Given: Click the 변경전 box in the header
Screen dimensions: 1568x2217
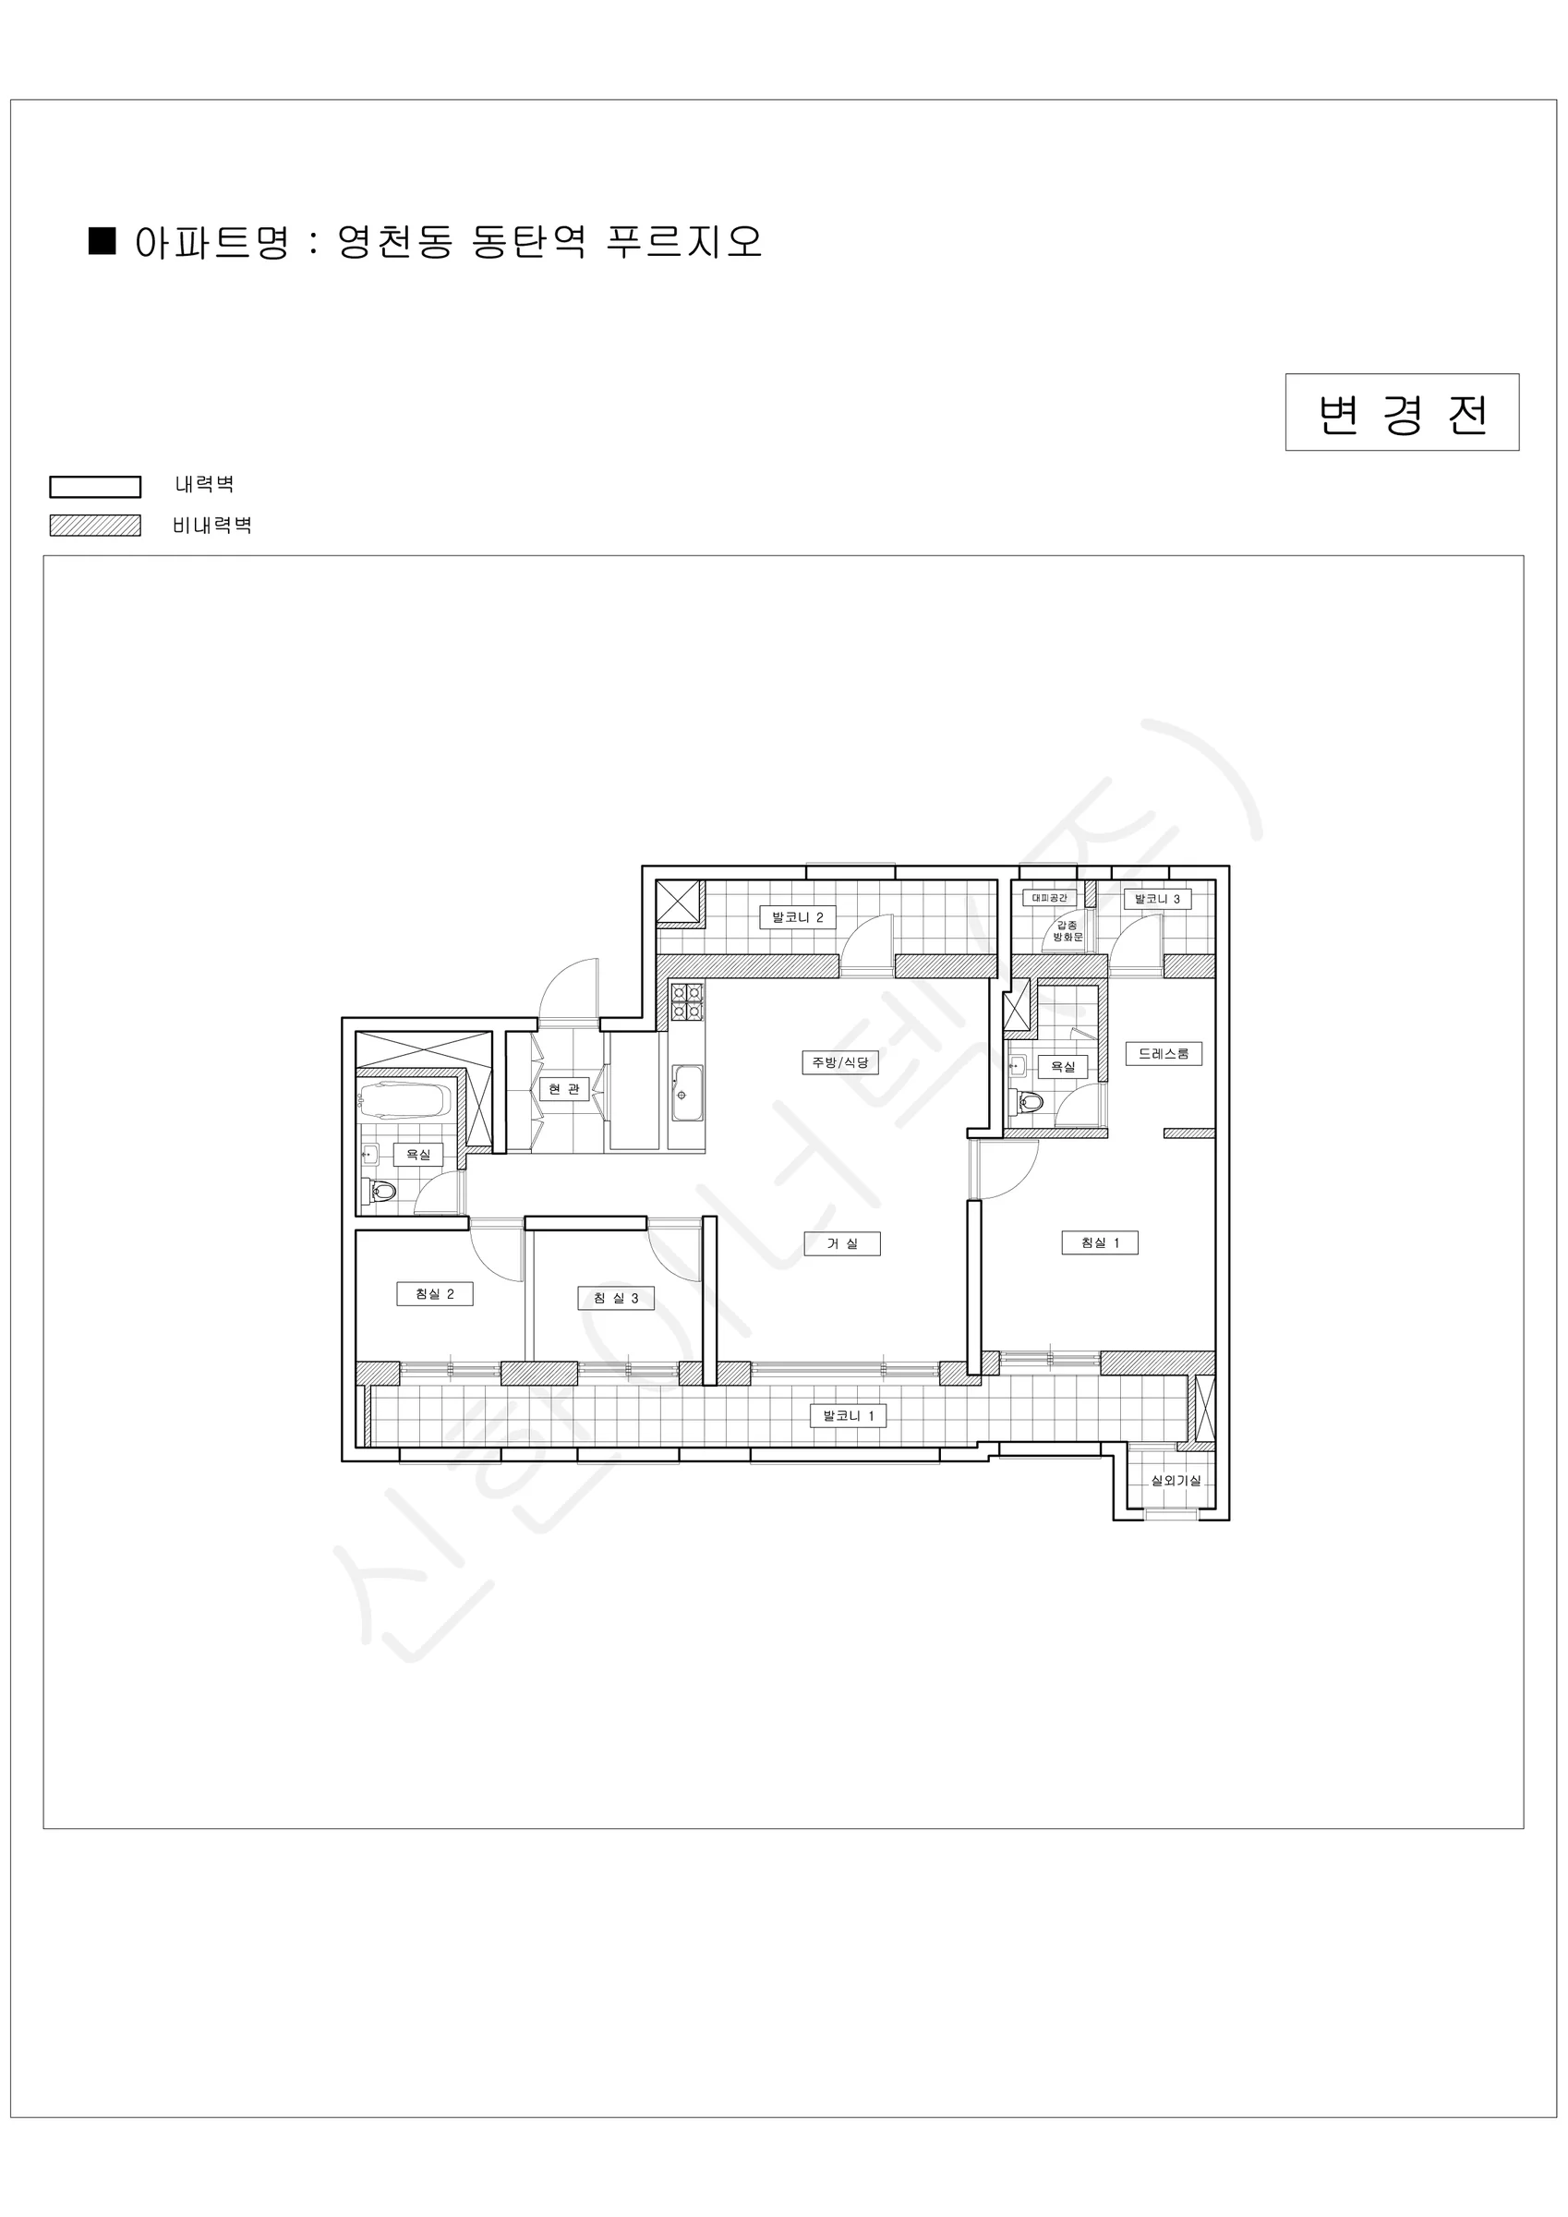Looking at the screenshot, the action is [1402, 412].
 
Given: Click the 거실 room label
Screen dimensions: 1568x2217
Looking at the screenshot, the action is [842, 1243].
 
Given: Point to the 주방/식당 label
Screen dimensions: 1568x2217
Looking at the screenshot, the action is [840, 1062].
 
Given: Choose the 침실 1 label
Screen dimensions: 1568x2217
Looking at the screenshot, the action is [1100, 1242].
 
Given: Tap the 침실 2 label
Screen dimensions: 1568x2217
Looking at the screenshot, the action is [435, 1294].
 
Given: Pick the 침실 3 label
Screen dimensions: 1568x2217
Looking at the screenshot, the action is [616, 1298].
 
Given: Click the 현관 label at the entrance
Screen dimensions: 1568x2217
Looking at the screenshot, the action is [564, 1089].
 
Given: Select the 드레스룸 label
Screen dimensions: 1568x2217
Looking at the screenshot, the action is [1164, 1053].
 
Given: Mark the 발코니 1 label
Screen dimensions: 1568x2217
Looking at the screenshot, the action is [848, 1415].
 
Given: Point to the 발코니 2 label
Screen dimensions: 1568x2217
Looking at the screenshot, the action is [798, 917].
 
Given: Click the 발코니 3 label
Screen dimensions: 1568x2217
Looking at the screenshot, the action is [1157, 899].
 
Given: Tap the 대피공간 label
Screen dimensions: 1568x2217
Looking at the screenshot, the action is [1050, 898].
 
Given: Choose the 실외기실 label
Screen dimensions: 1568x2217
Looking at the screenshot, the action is [1175, 1480].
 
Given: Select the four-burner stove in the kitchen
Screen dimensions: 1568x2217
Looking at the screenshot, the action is [687, 1001].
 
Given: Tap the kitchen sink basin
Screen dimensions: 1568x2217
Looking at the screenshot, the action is [687, 1093].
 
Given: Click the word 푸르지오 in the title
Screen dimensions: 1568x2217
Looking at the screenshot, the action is [683, 241].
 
